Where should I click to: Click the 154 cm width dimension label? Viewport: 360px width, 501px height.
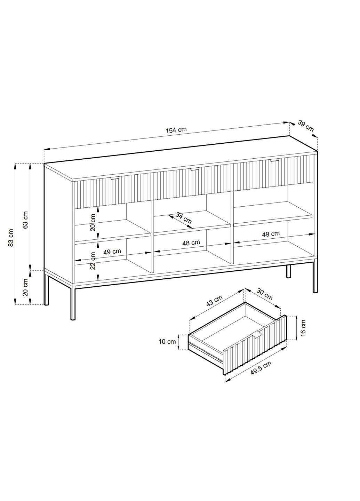pyautogui.click(x=176, y=130)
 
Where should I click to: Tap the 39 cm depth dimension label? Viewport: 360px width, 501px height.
pyautogui.click(x=306, y=126)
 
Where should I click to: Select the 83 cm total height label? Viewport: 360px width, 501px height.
pyautogui.click(x=10, y=238)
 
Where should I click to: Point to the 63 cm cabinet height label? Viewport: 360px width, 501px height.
pyautogui.click(x=25, y=220)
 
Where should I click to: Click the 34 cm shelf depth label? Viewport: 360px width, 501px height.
pyautogui.click(x=183, y=218)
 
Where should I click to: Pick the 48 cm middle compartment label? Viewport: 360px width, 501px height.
pyautogui.click(x=191, y=243)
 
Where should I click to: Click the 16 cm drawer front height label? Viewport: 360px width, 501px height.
pyautogui.click(x=303, y=327)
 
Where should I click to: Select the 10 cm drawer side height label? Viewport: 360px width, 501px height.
pyautogui.click(x=167, y=342)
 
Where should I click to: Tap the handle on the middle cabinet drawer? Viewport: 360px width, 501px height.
pyautogui.click(x=194, y=169)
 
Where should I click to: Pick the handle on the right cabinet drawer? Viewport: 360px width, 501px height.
pyautogui.click(x=274, y=160)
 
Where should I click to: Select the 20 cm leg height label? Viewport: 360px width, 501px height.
pyautogui.click(x=25, y=287)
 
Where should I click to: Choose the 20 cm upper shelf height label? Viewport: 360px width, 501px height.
pyautogui.click(x=93, y=223)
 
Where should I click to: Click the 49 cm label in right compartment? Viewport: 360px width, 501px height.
pyautogui.click(x=271, y=234)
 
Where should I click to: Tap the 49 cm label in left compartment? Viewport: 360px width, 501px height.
pyautogui.click(x=112, y=252)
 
